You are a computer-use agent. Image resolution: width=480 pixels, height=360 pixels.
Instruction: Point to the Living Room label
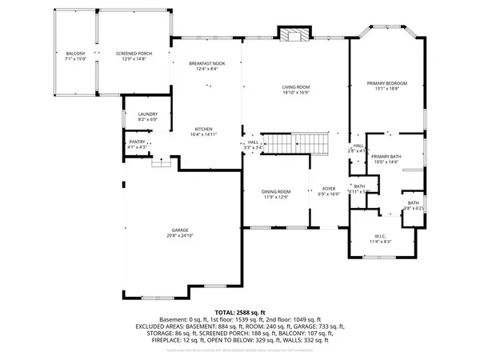295,86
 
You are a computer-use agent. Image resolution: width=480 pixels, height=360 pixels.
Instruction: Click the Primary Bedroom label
387,83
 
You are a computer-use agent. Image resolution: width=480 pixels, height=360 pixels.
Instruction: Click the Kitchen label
203,130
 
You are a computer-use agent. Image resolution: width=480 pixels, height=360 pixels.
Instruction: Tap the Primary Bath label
385,157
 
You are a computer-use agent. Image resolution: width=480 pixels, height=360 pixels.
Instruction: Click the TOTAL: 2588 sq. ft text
240,313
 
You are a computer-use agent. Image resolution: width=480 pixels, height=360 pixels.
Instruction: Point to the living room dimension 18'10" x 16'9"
295,92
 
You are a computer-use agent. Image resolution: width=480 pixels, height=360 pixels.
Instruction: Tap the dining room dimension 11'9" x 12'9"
276,198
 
